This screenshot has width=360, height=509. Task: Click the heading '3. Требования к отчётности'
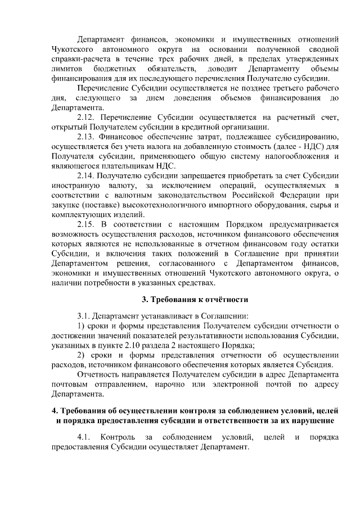pyautogui.click(x=195, y=299)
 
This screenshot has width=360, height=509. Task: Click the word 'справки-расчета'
pyautogui.click(x=79, y=59)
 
